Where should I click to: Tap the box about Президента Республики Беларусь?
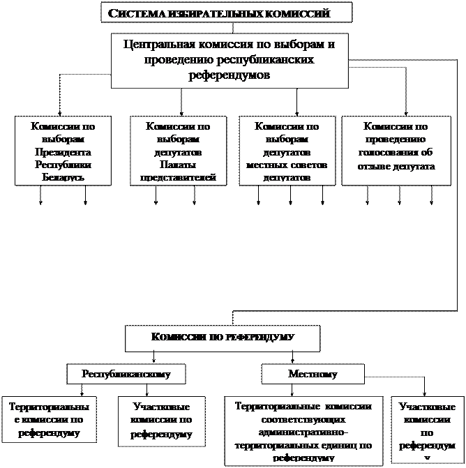click(x=63, y=151)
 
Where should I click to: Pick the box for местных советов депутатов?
click(x=287, y=151)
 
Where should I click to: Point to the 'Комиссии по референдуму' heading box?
click(x=223, y=338)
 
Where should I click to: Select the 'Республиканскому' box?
click(x=126, y=374)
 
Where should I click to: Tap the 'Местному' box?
click(x=312, y=374)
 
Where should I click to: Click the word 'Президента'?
click(x=63, y=152)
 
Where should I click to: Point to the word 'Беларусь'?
click(x=63, y=177)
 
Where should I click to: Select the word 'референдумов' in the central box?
click(x=229, y=75)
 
